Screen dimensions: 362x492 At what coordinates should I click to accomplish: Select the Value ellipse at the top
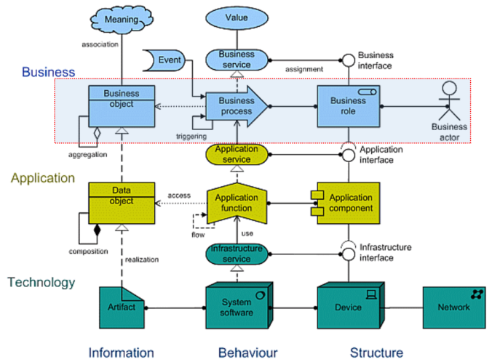click(237, 17)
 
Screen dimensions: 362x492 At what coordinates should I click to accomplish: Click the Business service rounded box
click(237, 60)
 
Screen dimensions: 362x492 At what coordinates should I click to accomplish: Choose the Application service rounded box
click(237, 153)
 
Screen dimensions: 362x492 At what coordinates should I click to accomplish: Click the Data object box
click(121, 202)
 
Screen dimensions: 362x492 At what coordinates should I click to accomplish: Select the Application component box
click(348, 203)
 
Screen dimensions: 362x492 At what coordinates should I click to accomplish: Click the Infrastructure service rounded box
click(237, 254)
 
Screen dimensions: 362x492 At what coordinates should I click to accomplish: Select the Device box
click(348, 307)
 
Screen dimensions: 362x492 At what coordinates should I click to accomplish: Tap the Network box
click(453, 307)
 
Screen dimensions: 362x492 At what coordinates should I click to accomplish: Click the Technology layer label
click(41, 282)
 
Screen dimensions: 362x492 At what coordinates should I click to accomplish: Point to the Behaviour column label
click(247, 353)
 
